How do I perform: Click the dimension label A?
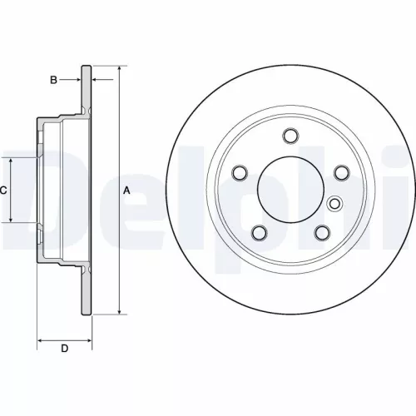126,191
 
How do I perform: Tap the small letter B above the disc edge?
53,80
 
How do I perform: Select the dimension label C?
3,191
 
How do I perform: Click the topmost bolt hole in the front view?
290,136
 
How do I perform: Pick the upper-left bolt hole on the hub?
240,172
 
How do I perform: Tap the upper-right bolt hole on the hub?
341,172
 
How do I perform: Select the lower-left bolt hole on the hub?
260,232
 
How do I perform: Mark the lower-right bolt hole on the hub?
322,232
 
